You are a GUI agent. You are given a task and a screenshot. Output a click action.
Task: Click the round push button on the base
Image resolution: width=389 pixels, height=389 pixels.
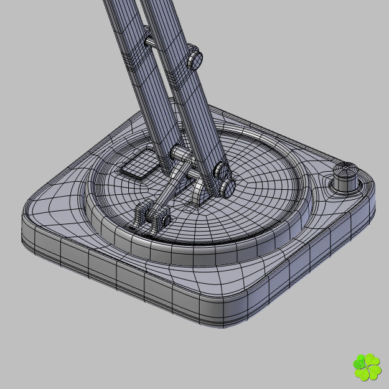click(346, 178)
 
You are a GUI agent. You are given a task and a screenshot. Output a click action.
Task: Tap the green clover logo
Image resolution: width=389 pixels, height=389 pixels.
click(367, 367)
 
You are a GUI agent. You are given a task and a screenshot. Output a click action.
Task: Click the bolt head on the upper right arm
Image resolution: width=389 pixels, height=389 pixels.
click(195, 57)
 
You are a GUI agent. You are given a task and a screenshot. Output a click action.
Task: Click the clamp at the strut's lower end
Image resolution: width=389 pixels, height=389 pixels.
click(152, 215)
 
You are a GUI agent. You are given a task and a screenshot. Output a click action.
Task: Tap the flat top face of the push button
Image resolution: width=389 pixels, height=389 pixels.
click(346, 169)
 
